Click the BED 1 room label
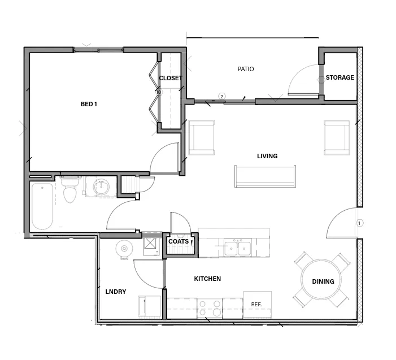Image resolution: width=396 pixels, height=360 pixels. click(89, 104)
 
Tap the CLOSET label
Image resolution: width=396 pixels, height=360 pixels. click(170, 78)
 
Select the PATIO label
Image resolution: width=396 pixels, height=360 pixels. click(245, 69)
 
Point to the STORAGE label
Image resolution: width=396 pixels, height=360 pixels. click(340, 77)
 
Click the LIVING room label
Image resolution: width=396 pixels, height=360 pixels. click(267, 156)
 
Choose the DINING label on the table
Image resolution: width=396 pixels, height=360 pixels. click(323, 281)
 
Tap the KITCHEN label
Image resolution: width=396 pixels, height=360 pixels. click(207, 279)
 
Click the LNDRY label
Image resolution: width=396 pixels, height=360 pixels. click(116, 292)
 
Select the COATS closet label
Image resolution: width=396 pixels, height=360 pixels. click(179, 241)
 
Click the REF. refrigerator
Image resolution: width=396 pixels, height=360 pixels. click(257, 305)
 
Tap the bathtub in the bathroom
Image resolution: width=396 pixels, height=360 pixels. click(42, 206)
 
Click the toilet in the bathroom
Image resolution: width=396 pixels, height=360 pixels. click(70, 190)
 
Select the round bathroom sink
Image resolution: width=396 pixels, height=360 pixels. click(102, 186)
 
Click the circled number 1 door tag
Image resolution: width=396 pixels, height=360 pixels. click(359, 223)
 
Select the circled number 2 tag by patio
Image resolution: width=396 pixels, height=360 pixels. click(222, 97)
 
